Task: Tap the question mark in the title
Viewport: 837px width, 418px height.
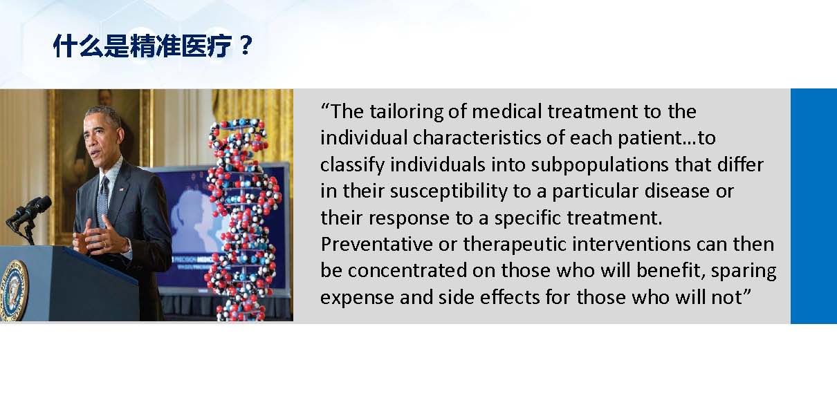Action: click(x=246, y=46)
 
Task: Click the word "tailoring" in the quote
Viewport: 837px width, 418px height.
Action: click(x=407, y=112)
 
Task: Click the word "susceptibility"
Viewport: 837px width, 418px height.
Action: click(x=449, y=192)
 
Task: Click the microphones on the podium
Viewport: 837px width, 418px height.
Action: click(x=28, y=216)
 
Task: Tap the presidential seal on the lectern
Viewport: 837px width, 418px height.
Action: click(x=15, y=290)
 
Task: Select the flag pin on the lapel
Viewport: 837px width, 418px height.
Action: click(x=122, y=189)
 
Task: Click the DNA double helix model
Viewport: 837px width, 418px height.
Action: click(x=243, y=220)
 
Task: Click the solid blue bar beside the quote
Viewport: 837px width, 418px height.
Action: click(x=813, y=206)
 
